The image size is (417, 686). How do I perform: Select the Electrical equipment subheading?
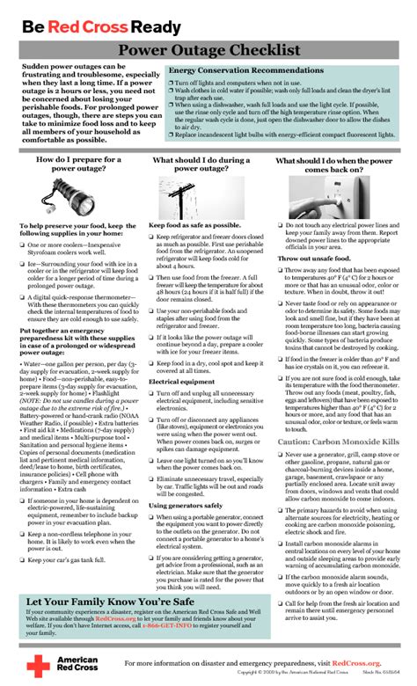(180, 381)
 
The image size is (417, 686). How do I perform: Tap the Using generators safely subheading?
(186, 505)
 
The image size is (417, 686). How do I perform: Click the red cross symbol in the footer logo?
(39, 668)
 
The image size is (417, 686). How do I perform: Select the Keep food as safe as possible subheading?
(194, 225)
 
